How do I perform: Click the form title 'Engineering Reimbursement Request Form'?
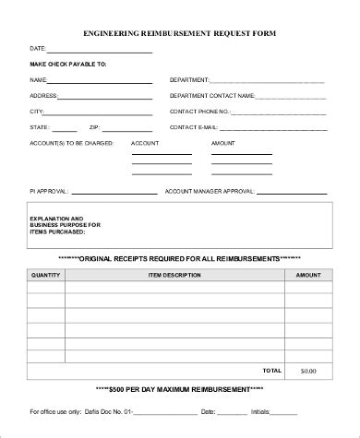click(x=179, y=32)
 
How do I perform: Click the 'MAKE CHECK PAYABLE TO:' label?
click(x=68, y=65)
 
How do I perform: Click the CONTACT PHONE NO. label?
click(x=200, y=110)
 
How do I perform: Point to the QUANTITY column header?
click(x=45, y=275)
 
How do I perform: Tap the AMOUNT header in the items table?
click(x=308, y=275)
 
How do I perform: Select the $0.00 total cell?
click(x=308, y=371)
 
